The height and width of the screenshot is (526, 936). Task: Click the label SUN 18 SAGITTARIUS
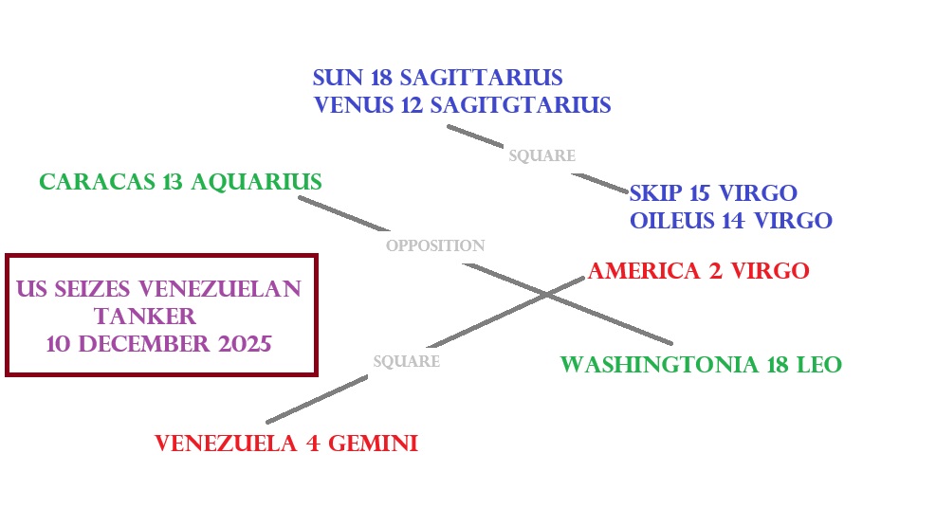(x=438, y=77)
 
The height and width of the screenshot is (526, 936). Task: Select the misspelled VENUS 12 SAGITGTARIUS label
(x=462, y=104)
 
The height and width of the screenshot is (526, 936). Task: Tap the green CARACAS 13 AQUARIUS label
(x=180, y=181)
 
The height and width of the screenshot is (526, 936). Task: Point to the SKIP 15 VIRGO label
(x=713, y=193)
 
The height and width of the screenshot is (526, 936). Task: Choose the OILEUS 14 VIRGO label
(x=730, y=221)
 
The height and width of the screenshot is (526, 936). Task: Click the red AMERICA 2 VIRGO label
(x=698, y=271)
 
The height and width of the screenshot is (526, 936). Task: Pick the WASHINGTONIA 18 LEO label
(x=701, y=364)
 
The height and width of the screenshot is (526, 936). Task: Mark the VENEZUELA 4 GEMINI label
(x=285, y=443)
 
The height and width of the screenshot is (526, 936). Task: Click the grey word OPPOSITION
(x=435, y=245)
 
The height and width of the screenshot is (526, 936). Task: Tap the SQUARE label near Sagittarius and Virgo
(x=541, y=155)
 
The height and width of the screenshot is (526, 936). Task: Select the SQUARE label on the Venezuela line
(x=406, y=361)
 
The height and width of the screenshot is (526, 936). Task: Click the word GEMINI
(x=373, y=443)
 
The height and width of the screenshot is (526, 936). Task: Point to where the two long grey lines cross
(x=548, y=295)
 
